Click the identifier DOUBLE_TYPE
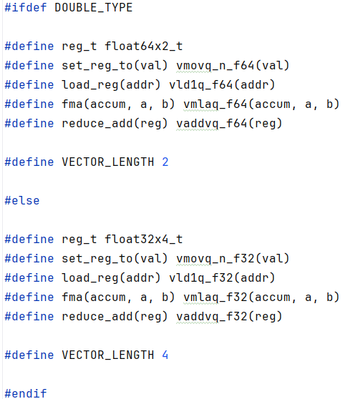(x=94, y=8)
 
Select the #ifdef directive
(x=26, y=8)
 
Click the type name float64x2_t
(x=144, y=46)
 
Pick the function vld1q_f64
(x=201, y=85)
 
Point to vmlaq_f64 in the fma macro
(x=215, y=104)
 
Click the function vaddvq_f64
(x=211, y=124)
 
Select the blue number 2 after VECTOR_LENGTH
(x=165, y=162)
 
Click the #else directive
(x=22, y=200)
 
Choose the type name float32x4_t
(x=144, y=240)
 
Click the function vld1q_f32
(x=201, y=278)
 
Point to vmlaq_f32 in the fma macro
(x=215, y=297)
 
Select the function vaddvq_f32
(x=211, y=317)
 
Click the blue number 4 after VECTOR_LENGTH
(x=165, y=355)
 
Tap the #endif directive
(x=26, y=393)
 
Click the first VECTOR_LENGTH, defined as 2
(x=108, y=162)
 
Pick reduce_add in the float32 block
(x=97, y=317)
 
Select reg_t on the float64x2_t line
(x=79, y=46)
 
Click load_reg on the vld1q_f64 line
(x=90, y=85)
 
